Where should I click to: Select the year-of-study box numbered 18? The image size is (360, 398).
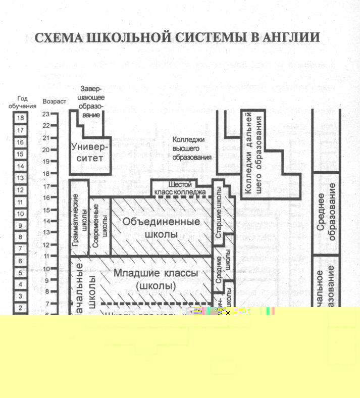point(21,118)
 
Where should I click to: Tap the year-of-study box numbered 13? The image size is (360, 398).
point(21,178)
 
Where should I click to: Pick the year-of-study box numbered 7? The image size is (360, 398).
point(21,248)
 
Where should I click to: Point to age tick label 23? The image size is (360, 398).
point(46,114)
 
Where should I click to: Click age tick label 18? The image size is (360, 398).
point(46,173)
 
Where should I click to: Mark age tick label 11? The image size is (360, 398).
point(46,257)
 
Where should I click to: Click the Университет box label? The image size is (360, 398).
point(90,152)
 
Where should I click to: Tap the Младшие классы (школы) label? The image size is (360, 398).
point(155,279)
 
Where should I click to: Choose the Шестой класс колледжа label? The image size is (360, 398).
point(181,188)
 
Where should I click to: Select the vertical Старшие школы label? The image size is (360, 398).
point(219,215)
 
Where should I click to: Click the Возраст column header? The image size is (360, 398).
point(55,102)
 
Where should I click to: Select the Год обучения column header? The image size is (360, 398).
point(22,103)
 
